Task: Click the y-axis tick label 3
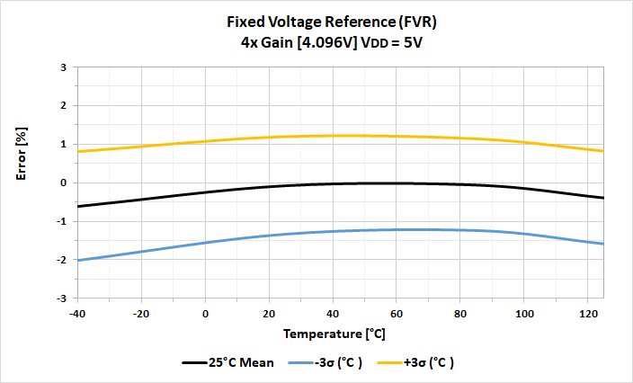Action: [x=64, y=67]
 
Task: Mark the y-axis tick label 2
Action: [x=64, y=106]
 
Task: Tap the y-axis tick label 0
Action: [x=64, y=183]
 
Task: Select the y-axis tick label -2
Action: [x=62, y=260]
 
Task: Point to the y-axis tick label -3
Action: [x=62, y=298]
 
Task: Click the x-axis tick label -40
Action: [x=78, y=313]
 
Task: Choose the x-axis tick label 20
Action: [x=269, y=313]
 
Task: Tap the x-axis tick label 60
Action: [x=396, y=313]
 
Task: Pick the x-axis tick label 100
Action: [x=522, y=313]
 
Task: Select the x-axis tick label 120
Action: [x=586, y=313]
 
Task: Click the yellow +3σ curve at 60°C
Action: [x=396, y=137]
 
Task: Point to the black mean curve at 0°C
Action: [x=206, y=191]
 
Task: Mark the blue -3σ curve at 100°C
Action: [x=522, y=234]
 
